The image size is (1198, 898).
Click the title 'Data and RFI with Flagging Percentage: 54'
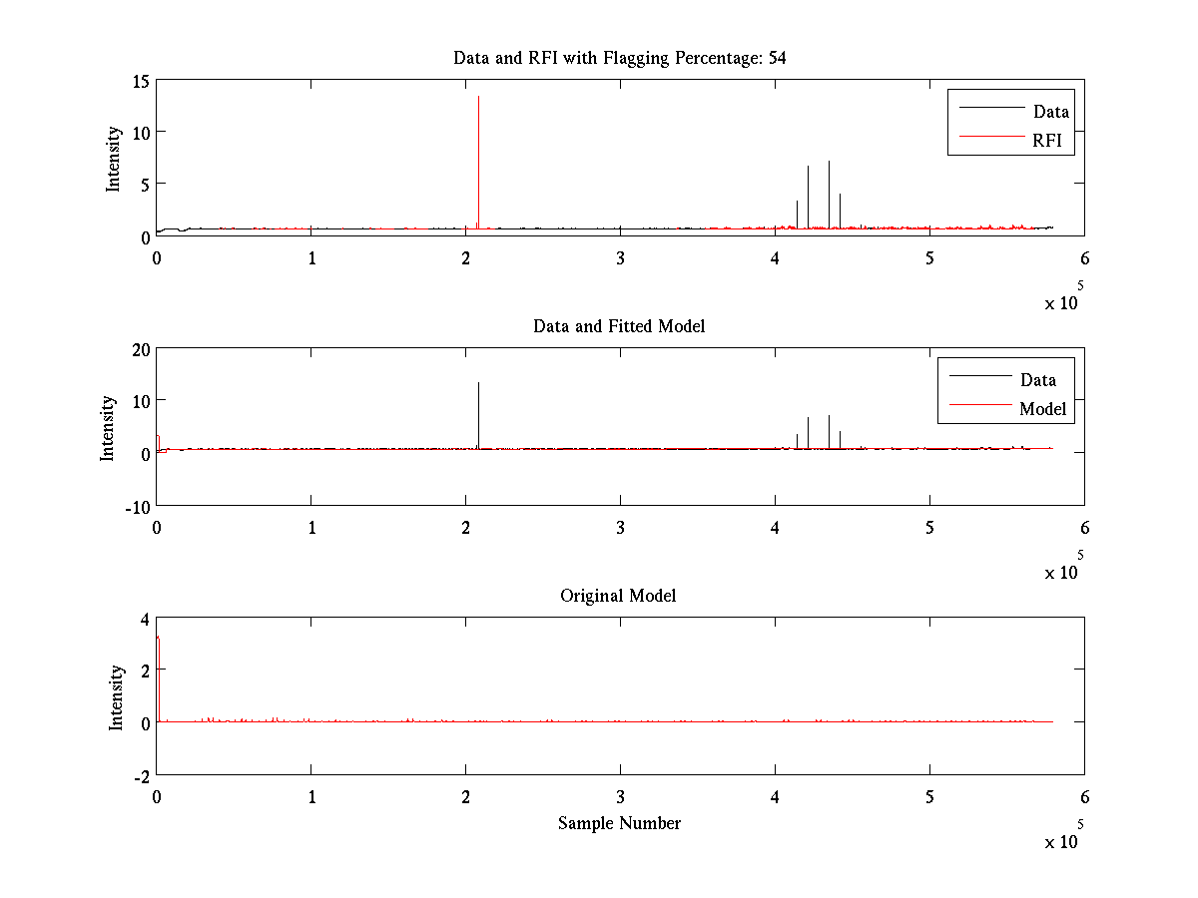click(619, 58)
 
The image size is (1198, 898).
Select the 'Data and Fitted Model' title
click(619, 326)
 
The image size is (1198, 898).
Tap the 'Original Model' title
click(618, 596)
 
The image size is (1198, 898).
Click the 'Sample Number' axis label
click(619, 823)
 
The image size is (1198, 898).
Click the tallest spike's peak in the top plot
click(478, 97)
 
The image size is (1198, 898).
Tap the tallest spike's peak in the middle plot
click(478, 383)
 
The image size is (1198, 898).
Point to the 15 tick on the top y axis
click(141, 80)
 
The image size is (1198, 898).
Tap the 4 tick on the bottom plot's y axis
click(145, 619)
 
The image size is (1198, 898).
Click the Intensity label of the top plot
click(114, 158)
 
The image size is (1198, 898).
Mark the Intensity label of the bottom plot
click(116, 696)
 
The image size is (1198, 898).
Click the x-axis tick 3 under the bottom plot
click(620, 798)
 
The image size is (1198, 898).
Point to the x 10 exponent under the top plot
click(1062, 301)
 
